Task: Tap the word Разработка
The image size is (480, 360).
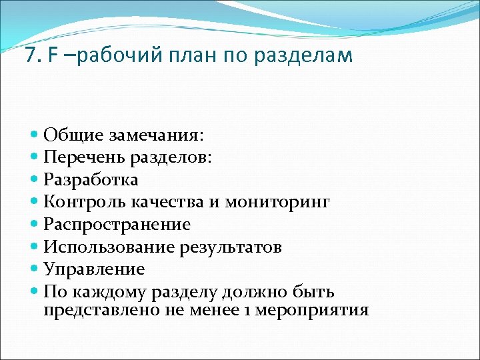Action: pyautogui.click(x=91, y=181)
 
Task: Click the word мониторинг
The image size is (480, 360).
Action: pyautogui.click(x=277, y=202)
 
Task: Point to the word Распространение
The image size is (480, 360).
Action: pyautogui.click(x=117, y=225)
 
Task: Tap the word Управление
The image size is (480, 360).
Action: pyautogui.click(x=94, y=269)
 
